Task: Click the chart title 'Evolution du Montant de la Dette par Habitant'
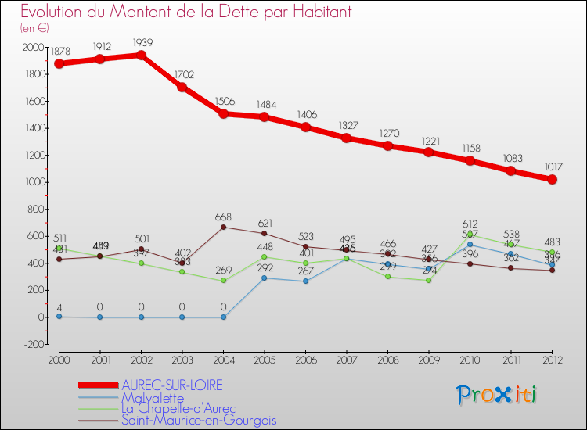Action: (186, 13)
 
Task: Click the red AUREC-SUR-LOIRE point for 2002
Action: (141, 55)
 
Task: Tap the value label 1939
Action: (142, 41)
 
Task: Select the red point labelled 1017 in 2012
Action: (553, 179)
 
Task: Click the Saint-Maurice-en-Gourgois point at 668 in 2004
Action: (224, 227)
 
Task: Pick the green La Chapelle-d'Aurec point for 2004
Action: (224, 281)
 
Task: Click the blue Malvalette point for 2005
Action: (265, 278)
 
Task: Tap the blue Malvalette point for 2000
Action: (59, 316)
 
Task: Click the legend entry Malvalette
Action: (158, 397)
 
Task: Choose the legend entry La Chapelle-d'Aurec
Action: (178, 408)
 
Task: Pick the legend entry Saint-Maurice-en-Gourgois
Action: (198, 420)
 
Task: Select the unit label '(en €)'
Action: (34, 28)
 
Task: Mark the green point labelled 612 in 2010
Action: (470, 235)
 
